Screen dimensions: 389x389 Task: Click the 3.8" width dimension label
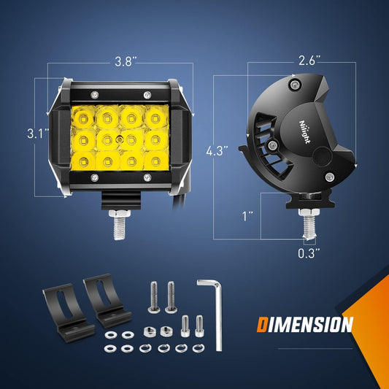(x=126, y=62)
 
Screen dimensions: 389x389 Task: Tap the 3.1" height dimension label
(x=38, y=134)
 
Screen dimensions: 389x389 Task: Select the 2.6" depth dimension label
(x=309, y=61)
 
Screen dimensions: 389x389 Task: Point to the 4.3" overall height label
(x=217, y=150)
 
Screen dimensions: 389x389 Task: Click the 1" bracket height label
(x=247, y=216)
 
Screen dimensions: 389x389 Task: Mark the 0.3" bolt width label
(x=309, y=253)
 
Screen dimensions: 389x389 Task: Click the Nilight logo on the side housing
(x=304, y=132)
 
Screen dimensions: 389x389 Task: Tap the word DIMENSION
(x=304, y=325)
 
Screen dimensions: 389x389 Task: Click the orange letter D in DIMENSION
(x=262, y=325)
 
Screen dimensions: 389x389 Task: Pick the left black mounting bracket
(x=68, y=313)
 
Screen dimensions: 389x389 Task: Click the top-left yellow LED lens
(x=83, y=118)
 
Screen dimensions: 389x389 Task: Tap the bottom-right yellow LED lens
(x=156, y=161)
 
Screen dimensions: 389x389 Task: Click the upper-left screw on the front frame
(x=95, y=95)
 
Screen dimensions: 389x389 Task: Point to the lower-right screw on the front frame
(x=147, y=177)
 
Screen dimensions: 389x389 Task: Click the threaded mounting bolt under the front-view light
(x=120, y=225)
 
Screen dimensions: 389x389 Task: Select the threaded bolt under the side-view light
(x=309, y=224)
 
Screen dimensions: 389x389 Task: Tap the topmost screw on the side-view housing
(x=296, y=85)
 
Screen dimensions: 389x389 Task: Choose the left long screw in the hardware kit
(x=154, y=297)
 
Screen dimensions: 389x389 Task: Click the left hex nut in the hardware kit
(x=150, y=331)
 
